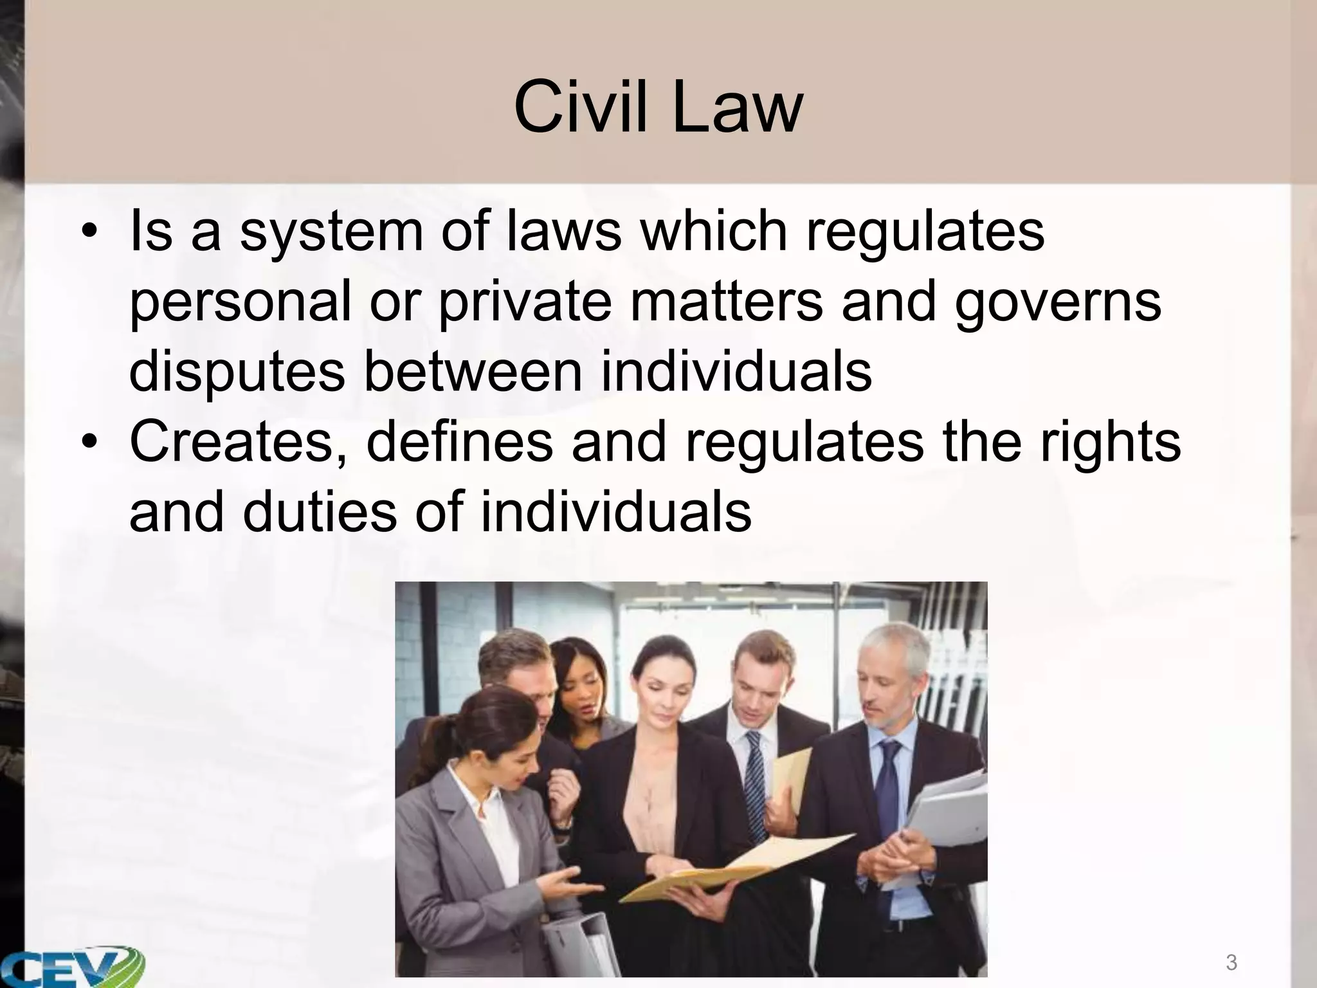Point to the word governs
(1058, 304)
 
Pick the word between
(473, 373)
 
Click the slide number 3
(1231, 963)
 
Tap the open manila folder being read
(727, 862)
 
